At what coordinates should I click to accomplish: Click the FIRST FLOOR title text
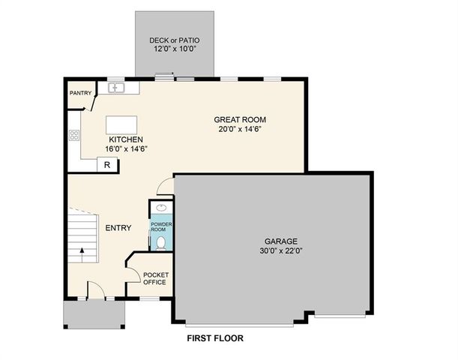[215, 338]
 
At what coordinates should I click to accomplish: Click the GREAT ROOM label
[240, 119]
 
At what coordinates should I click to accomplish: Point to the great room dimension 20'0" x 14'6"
[240, 129]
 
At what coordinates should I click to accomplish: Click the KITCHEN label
[126, 139]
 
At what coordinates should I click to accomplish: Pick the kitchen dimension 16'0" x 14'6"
[126, 148]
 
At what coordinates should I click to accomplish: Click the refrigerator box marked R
[107, 165]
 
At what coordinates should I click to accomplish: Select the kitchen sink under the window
[116, 88]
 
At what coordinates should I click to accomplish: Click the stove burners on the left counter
[74, 136]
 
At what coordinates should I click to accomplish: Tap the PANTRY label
[80, 94]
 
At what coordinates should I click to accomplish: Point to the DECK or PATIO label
[175, 40]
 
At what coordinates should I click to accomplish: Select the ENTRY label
[118, 228]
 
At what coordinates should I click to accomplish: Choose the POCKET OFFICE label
[156, 278]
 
